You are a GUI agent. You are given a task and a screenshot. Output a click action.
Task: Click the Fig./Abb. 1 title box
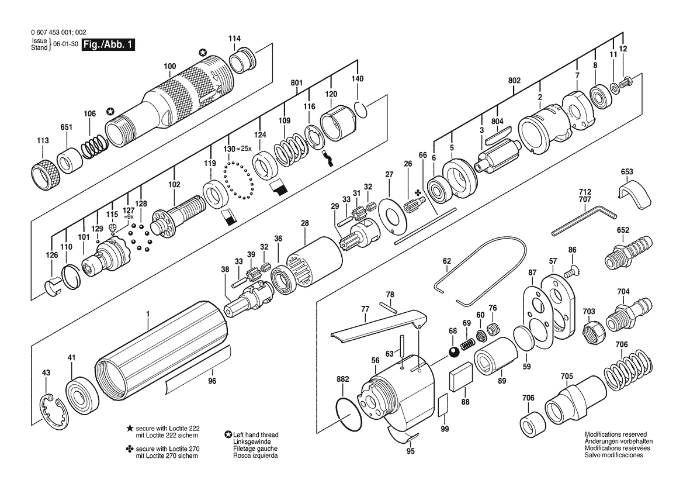(109, 44)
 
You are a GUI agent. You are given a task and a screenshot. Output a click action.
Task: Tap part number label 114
(234, 39)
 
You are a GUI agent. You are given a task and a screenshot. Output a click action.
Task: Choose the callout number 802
(514, 81)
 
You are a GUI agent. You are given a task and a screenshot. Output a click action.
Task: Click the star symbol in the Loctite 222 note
(130, 429)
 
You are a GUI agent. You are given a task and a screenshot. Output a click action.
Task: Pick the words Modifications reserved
(615, 434)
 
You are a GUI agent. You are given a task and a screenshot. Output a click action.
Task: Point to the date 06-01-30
(66, 44)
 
